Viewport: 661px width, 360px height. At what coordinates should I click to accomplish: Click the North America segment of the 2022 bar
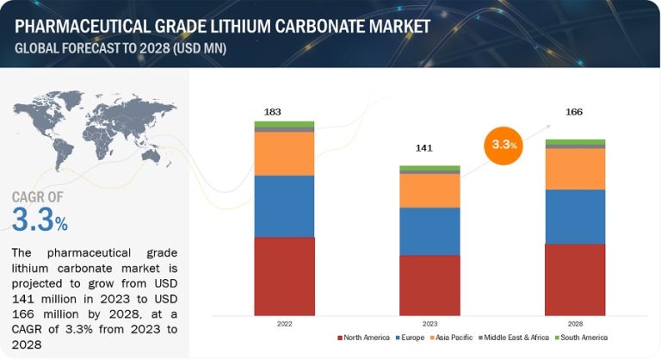[284, 276]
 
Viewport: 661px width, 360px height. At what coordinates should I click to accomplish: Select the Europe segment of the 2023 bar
[429, 231]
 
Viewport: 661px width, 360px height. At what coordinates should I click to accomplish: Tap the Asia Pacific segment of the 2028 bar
[575, 169]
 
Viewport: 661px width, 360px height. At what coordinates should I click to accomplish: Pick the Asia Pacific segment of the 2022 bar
[284, 153]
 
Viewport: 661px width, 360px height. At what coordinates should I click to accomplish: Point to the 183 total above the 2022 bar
[273, 113]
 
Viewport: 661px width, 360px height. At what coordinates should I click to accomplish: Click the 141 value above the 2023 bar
[423, 148]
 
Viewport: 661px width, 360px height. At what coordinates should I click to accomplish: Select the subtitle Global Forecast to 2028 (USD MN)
[120, 47]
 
